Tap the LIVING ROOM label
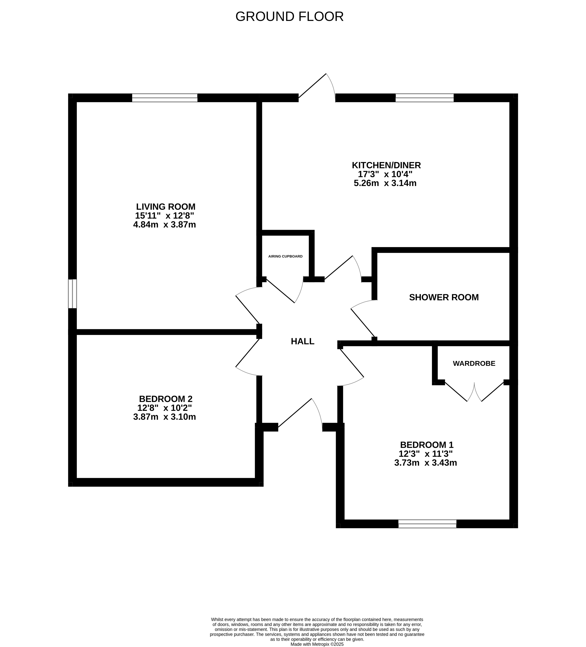click(166, 206)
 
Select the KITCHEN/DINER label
click(386, 165)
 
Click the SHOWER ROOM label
click(444, 297)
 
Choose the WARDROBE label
click(474, 363)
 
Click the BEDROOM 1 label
click(427, 445)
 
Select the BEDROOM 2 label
click(166, 399)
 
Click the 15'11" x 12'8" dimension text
click(165, 215)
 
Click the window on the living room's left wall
click(73, 294)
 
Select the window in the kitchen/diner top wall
click(425, 98)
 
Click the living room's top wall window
click(165, 98)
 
